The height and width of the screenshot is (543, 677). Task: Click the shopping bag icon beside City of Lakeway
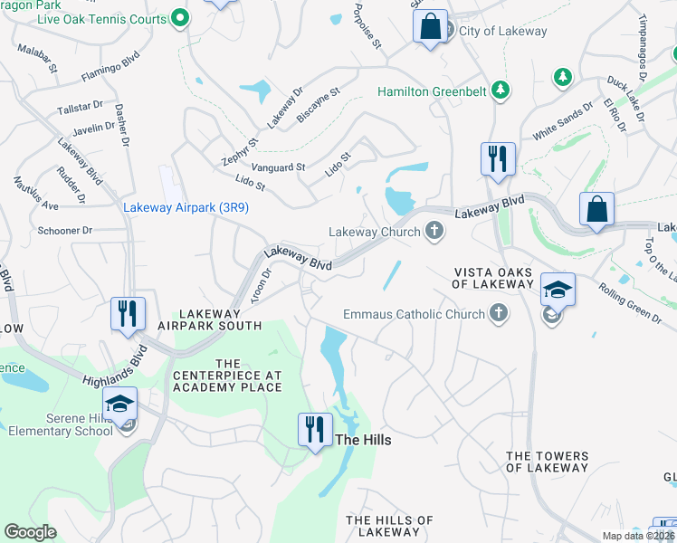point(431,25)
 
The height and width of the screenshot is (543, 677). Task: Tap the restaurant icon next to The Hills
point(313,428)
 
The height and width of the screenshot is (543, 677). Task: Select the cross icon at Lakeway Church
point(434,232)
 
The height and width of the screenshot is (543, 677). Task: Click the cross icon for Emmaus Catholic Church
point(497,314)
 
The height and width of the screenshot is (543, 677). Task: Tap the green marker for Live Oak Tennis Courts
point(180,18)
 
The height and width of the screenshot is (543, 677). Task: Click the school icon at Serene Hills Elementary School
point(119,406)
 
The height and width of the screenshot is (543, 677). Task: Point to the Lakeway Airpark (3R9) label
point(186,207)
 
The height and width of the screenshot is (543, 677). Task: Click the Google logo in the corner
point(31,532)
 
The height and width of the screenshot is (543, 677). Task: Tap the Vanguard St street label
point(277,167)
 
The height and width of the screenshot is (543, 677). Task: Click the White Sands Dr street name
point(562,119)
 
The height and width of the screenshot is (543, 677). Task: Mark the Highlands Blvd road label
point(113,373)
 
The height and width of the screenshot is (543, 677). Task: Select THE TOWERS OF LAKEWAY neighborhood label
point(547,462)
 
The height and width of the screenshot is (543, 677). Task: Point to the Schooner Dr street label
point(65,231)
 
